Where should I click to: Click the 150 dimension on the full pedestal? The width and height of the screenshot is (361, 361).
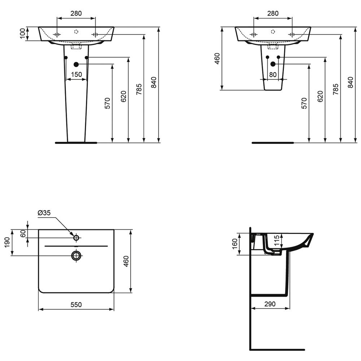[76, 74]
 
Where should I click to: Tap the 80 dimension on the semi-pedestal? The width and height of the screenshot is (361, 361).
[273, 75]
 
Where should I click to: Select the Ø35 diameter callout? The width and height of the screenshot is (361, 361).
[44, 213]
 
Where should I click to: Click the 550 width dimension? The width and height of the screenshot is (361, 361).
[76, 305]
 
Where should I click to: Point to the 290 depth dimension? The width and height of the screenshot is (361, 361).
[270, 304]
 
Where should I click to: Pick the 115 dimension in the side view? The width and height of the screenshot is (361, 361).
[277, 240]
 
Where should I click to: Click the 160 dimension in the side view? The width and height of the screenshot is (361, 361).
[235, 244]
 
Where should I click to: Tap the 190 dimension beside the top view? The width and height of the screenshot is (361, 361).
[7, 243]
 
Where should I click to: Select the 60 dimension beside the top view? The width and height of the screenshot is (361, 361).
[23, 234]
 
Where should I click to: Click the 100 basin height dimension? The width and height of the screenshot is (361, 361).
[22, 34]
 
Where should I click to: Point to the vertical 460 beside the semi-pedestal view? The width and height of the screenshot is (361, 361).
[217, 58]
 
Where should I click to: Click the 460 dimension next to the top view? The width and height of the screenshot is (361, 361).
[126, 261]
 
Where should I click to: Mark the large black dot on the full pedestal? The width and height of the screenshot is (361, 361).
[76, 65]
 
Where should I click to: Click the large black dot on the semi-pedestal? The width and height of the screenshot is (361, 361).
[273, 64]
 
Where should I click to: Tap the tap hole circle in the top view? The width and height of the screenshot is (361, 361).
[76, 238]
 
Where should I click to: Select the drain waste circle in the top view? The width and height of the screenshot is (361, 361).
[76, 256]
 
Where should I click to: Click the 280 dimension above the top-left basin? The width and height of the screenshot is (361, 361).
[76, 13]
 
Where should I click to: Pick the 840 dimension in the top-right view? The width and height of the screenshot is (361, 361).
[351, 82]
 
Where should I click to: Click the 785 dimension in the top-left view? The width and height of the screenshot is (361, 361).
[139, 89]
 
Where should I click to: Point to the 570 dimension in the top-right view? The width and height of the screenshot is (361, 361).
[304, 103]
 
